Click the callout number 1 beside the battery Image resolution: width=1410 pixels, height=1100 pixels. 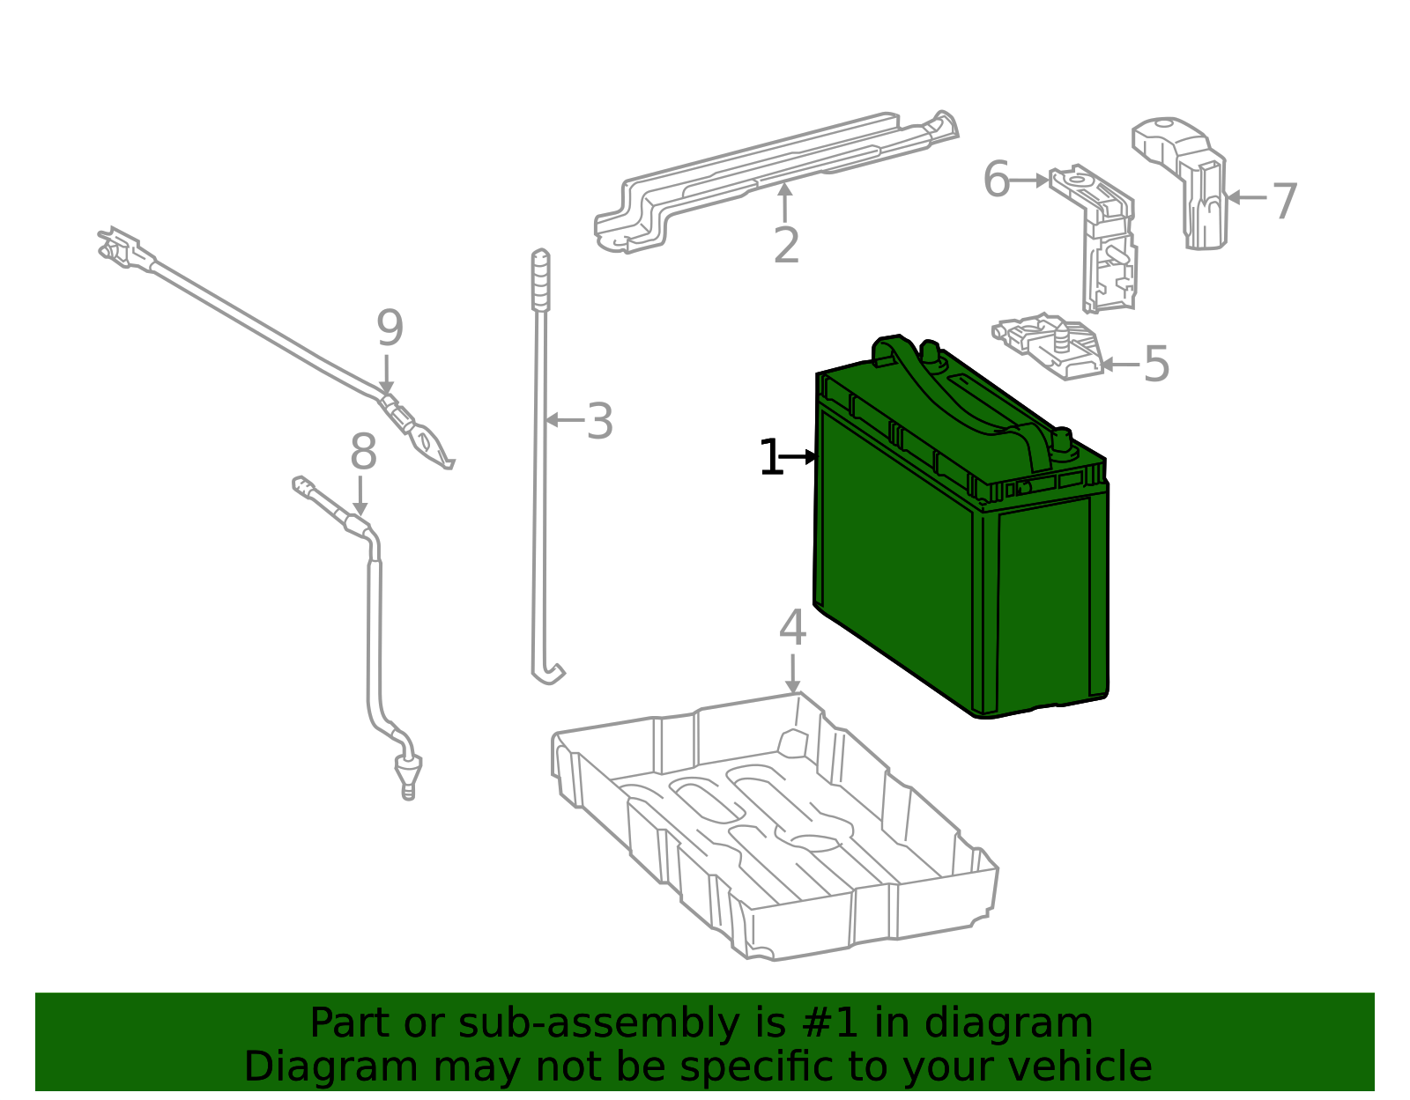coord(769,459)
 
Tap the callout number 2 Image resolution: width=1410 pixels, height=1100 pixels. coord(786,246)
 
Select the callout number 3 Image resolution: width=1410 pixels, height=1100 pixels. coord(600,422)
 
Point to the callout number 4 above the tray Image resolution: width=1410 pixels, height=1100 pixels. coord(792,629)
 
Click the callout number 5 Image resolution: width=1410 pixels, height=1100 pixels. coord(1155,364)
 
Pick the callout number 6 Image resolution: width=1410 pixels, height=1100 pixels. coord(996,181)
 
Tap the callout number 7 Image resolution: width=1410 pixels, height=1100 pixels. coord(1285,202)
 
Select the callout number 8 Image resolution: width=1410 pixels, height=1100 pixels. coord(363,454)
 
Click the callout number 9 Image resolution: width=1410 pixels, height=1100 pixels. coord(390,329)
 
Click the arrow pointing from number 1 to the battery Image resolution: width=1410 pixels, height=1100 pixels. coord(800,457)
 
